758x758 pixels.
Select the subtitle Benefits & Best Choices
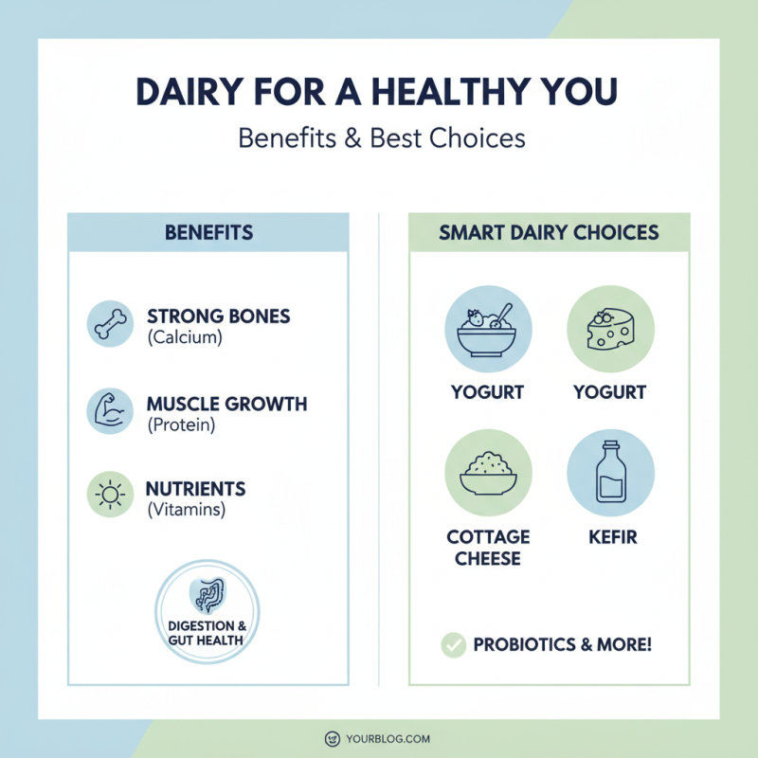pyautogui.click(x=381, y=138)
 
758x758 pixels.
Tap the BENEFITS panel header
pyautogui.click(x=208, y=232)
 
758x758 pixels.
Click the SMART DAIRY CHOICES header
pyautogui.click(x=549, y=232)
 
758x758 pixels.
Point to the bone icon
pyautogui.click(x=110, y=324)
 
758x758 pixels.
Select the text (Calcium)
pyautogui.click(x=185, y=337)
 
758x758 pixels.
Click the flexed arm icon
pyautogui.click(x=110, y=410)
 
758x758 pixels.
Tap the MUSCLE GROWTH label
pyautogui.click(x=226, y=405)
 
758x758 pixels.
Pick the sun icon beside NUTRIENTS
pyautogui.click(x=110, y=496)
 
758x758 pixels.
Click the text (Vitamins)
pyautogui.click(x=186, y=510)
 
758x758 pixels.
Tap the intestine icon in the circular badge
pyautogui.click(x=208, y=595)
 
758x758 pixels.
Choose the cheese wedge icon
pyautogui.click(x=610, y=330)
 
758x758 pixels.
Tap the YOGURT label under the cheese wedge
pyautogui.click(x=610, y=392)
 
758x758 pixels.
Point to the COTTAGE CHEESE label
pyautogui.click(x=489, y=548)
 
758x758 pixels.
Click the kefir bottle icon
pyautogui.click(x=610, y=473)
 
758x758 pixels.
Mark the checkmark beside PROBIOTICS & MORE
pyautogui.click(x=454, y=645)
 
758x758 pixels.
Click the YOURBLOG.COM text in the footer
pyautogui.click(x=389, y=738)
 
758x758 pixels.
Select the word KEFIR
pyautogui.click(x=610, y=537)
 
